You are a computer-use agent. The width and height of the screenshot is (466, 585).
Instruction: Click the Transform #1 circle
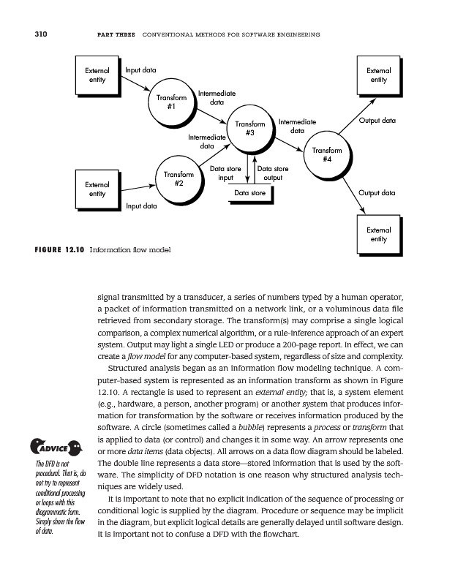click(170, 102)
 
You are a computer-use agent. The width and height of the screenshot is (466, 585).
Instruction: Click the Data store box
click(249, 193)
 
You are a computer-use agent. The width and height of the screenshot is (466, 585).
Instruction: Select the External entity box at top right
click(377, 75)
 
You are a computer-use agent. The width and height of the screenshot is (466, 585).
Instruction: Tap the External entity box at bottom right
click(377, 234)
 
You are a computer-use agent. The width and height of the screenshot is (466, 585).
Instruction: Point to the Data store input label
click(226, 173)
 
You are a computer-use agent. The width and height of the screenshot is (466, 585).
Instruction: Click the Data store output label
click(273, 173)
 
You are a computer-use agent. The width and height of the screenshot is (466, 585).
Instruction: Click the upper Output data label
click(377, 120)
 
